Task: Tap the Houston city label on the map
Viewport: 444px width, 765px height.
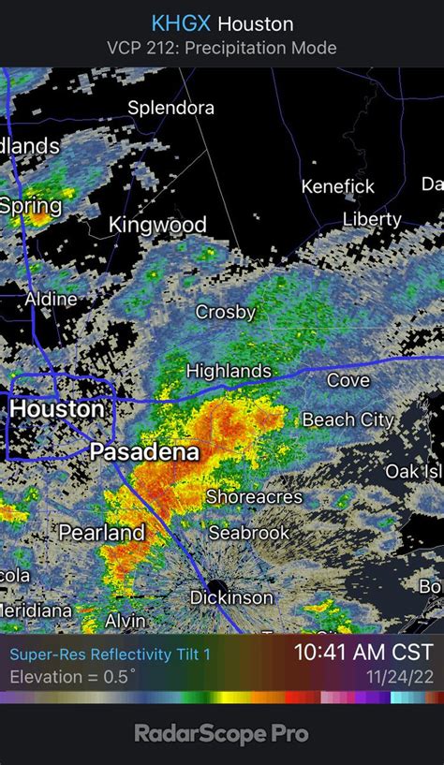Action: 57,409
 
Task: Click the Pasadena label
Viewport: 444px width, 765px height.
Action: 144,453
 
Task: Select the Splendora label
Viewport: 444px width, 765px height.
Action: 170,108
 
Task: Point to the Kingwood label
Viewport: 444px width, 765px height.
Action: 157,225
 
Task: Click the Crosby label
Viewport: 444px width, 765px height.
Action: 225,312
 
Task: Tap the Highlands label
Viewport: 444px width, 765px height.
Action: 229,371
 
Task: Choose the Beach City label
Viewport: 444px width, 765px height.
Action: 348,420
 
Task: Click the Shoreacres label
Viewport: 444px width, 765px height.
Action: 254,496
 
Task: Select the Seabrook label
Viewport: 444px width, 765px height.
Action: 248,533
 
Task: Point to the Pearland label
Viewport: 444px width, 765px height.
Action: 102,533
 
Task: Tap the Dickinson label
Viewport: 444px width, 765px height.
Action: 231,597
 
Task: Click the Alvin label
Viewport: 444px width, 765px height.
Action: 125,621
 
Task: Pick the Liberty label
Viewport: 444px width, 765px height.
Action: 372,220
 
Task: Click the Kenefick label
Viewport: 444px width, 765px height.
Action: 338,186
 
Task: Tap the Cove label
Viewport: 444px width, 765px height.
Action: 348,380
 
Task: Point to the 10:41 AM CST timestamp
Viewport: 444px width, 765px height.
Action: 363,652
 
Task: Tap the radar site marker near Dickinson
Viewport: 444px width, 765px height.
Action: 223,573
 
